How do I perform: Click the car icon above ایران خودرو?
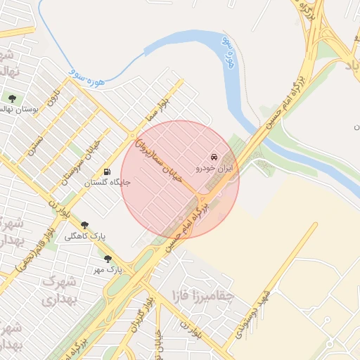(214, 157)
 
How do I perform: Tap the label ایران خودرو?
(214, 169)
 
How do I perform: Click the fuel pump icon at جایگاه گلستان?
(107, 171)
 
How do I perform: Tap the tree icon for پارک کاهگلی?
(85, 225)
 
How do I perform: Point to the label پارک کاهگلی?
(85, 237)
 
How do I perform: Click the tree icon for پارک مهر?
(108, 258)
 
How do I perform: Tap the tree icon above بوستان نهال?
(12, 97)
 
